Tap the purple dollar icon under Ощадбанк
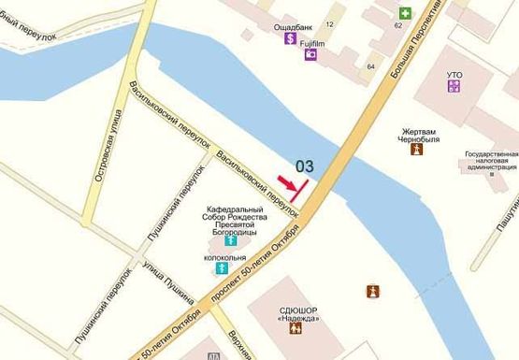[291, 41]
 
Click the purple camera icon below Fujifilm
[310, 55]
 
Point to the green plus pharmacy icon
[405, 13]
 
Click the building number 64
[371, 66]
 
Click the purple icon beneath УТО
[454, 86]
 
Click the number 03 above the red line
[305, 166]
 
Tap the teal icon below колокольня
[222, 268]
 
